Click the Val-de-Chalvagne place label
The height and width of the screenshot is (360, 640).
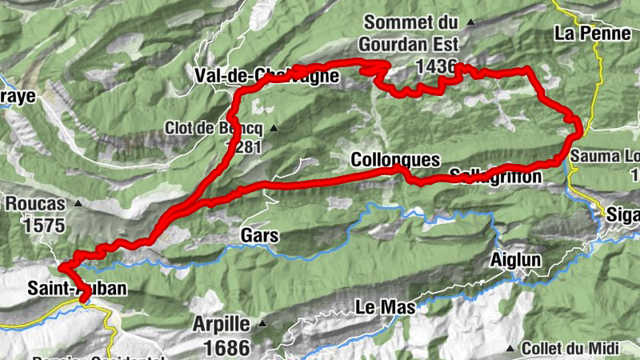click(x=266, y=76)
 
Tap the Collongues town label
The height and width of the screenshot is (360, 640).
click(x=395, y=160)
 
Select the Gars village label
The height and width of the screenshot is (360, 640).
click(x=258, y=236)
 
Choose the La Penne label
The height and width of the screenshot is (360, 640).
click(x=588, y=34)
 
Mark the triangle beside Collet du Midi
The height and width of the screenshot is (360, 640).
click(x=510, y=348)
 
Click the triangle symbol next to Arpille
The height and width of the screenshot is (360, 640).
click(x=261, y=325)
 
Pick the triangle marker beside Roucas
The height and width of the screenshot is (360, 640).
click(x=78, y=203)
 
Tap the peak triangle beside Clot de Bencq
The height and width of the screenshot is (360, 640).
click(x=274, y=128)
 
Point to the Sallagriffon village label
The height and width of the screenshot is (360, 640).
click(x=495, y=176)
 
